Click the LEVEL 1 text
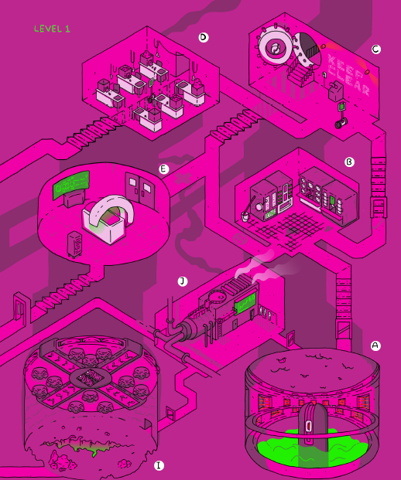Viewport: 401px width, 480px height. coord(52,29)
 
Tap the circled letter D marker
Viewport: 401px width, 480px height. coord(204,37)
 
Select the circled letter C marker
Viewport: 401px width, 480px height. coord(376,49)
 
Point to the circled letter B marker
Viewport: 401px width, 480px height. coord(349,162)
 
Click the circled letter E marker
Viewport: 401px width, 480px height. coord(164,169)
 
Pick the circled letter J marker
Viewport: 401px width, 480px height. coord(183,281)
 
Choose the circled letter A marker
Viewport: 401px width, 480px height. coord(375,346)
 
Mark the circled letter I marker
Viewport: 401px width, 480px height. coord(159,465)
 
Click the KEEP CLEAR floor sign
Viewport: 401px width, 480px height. coord(348,74)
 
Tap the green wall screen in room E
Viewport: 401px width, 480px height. coord(71,185)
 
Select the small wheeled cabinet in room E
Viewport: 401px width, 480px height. coord(74,245)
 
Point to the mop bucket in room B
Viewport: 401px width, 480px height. coord(246,216)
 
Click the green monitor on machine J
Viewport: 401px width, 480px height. coord(245,302)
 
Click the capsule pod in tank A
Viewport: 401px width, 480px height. coord(313,426)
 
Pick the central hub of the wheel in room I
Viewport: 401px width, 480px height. coord(90,379)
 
